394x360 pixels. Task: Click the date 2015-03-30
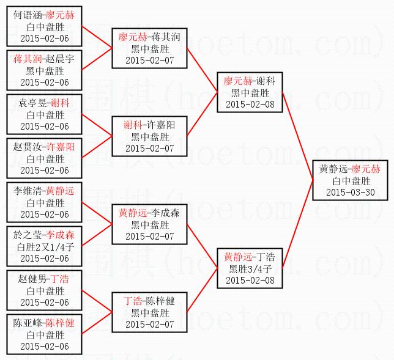pyautogui.click(x=351, y=192)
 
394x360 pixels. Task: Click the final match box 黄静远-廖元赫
pyautogui.click(x=351, y=181)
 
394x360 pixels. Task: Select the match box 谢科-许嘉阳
pyautogui.click(x=149, y=136)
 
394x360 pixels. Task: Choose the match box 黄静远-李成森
pyautogui.click(x=149, y=224)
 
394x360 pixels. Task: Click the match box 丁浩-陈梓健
pyautogui.click(x=149, y=312)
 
